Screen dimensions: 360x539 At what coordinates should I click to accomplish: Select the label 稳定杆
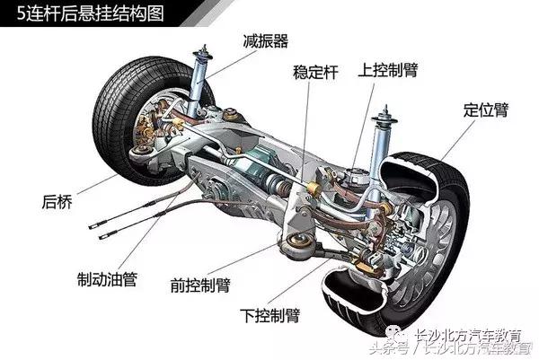click(x=315, y=70)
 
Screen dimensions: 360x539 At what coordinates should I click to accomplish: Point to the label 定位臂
click(x=486, y=110)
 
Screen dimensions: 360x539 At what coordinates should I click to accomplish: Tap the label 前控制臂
click(x=199, y=285)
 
